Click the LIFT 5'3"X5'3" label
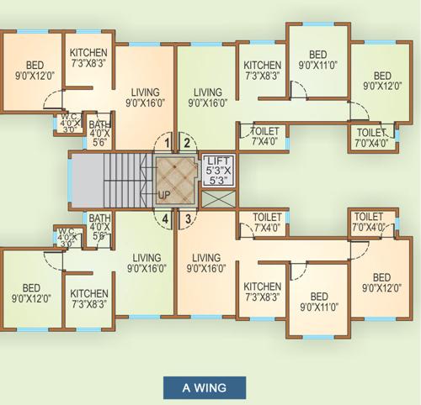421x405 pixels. tap(218, 171)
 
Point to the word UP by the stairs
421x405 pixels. tap(164, 196)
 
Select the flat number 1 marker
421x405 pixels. tap(168, 142)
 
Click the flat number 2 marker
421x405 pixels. tap(187, 142)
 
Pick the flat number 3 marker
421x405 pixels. tap(187, 220)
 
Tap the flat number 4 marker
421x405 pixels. tap(168, 220)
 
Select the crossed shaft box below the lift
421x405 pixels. tap(218, 201)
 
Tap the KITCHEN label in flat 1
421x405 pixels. tap(88, 56)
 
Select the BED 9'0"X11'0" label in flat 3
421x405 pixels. tap(317, 302)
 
